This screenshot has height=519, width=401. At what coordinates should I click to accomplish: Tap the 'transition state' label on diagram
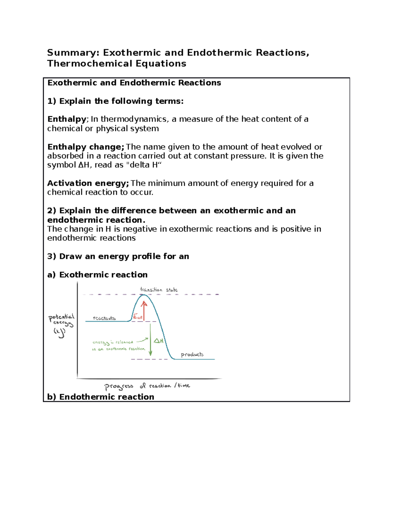point(159,290)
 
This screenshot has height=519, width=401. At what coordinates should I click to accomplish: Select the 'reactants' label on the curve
point(104,318)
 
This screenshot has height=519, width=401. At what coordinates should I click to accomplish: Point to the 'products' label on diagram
point(192,354)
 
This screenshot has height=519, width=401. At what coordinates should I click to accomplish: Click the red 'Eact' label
point(137,316)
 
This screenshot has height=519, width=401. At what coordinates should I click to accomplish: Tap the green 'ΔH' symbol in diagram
point(158,341)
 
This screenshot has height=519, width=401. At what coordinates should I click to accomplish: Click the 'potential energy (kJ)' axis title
point(61,324)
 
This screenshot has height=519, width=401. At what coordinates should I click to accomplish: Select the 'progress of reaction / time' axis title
point(147,386)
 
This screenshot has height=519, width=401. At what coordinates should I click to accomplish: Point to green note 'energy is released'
point(113,342)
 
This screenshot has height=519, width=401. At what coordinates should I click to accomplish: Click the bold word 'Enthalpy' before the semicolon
point(66,119)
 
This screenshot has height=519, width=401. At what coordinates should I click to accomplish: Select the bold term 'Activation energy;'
point(88,183)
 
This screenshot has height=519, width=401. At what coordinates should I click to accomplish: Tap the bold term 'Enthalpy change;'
point(86,147)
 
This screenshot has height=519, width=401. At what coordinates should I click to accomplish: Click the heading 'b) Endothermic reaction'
point(101,397)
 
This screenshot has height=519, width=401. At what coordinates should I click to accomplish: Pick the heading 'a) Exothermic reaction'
point(97,275)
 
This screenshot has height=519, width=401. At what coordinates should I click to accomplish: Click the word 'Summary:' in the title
point(73,53)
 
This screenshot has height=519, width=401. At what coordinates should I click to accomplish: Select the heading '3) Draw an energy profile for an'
point(118,256)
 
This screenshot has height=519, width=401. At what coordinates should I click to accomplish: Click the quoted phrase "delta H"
point(143,165)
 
